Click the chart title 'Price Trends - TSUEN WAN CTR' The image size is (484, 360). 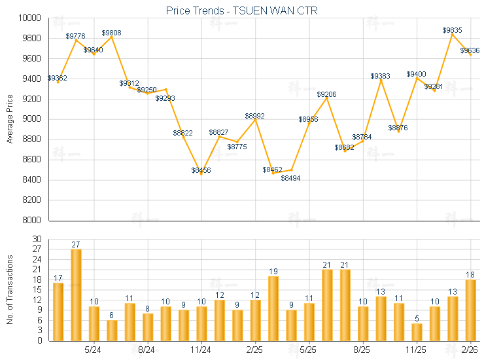(242, 10)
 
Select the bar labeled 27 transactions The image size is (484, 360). (76, 295)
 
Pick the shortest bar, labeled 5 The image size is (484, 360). (417, 332)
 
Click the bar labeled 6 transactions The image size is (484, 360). (112, 330)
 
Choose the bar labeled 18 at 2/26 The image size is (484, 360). (470, 310)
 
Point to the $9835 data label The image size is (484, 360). (452, 30)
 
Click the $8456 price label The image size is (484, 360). (201, 170)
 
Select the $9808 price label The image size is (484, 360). (111, 33)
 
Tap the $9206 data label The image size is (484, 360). (326, 95)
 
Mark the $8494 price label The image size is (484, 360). (291, 178)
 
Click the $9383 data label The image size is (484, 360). (380, 77)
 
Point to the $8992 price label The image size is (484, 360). (255, 116)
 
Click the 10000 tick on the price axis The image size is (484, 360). (29, 18)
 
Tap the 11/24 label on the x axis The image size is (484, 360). (201, 351)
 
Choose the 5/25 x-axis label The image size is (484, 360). (309, 351)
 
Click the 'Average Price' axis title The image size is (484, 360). (10, 119)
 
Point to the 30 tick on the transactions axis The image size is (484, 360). (37, 240)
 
